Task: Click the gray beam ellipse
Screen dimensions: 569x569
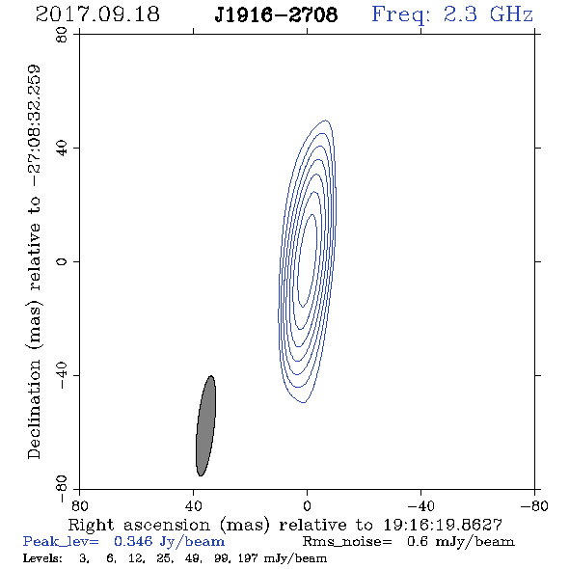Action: tap(205, 425)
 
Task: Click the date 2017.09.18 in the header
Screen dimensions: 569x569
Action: tap(97, 14)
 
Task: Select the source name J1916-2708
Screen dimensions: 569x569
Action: tap(276, 14)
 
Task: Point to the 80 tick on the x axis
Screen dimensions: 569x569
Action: tap(79, 506)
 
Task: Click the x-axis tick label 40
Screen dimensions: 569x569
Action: tap(193, 506)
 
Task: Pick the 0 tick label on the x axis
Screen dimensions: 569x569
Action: tap(307, 506)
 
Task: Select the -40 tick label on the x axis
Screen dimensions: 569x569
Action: tap(420, 506)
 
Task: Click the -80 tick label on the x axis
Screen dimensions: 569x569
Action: tap(534, 506)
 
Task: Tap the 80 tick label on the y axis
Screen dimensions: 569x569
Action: tap(62, 35)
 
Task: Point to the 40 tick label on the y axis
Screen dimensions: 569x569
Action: tap(62, 149)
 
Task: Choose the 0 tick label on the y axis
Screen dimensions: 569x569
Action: tap(62, 261)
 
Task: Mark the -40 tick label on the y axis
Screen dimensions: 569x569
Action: tap(62, 375)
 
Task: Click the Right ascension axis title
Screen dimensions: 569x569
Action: tap(285, 525)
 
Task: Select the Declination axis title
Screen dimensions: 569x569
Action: tap(34, 261)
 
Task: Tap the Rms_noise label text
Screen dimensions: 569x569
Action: tap(347, 542)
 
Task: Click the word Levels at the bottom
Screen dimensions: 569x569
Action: tap(42, 557)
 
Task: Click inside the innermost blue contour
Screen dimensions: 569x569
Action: tap(307, 261)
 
